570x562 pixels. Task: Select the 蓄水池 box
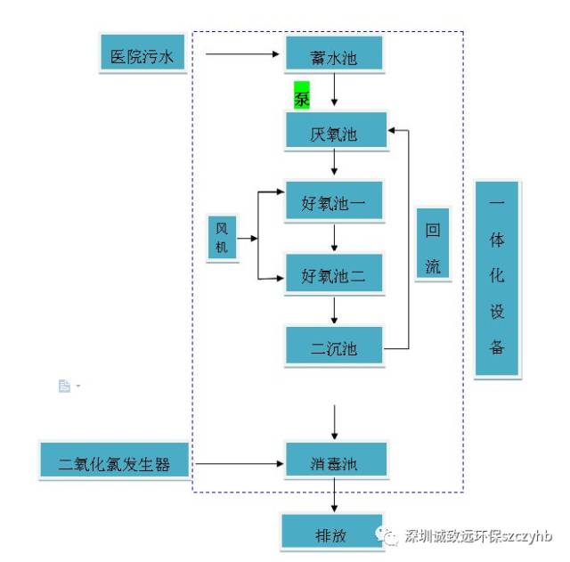pyautogui.click(x=334, y=55)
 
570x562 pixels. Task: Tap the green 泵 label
pyautogui.click(x=302, y=95)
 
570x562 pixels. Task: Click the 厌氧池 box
pyautogui.click(x=334, y=133)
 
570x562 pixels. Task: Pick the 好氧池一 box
pyautogui.click(x=334, y=203)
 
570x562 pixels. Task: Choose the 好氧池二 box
pyautogui.click(x=334, y=274)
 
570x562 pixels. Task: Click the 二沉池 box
pyautogui.click(x=334, y=346)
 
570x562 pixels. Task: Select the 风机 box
pyautogui.click(x=223, y=239)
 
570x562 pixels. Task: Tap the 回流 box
pyautogui.click(x=433, y=245)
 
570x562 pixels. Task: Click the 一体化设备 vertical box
pyautogui.click(x=497, y=279)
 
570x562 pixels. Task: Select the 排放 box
pyautogui.click(x=331, y=532)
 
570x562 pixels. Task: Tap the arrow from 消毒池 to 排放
pyautogui.click(x=334, y=497)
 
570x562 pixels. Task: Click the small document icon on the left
pyautogui.click(x=64, y=386)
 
